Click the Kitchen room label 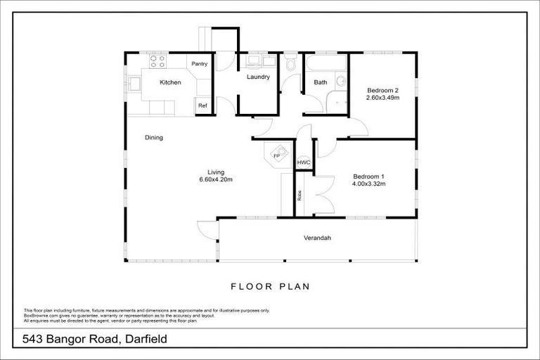point(170,82)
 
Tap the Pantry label point(200,64)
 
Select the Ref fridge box point(202,106)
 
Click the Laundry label point(258,77)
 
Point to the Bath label point(320,82)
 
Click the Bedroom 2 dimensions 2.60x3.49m point(382,98)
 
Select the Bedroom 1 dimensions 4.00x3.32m point(368,184)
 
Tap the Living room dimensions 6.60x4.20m point(215,179)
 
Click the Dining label point(154,138)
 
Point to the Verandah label point(317,238)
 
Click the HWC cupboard point(303,162)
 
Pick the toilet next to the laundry point(291,65)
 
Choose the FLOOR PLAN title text point(270,287)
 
